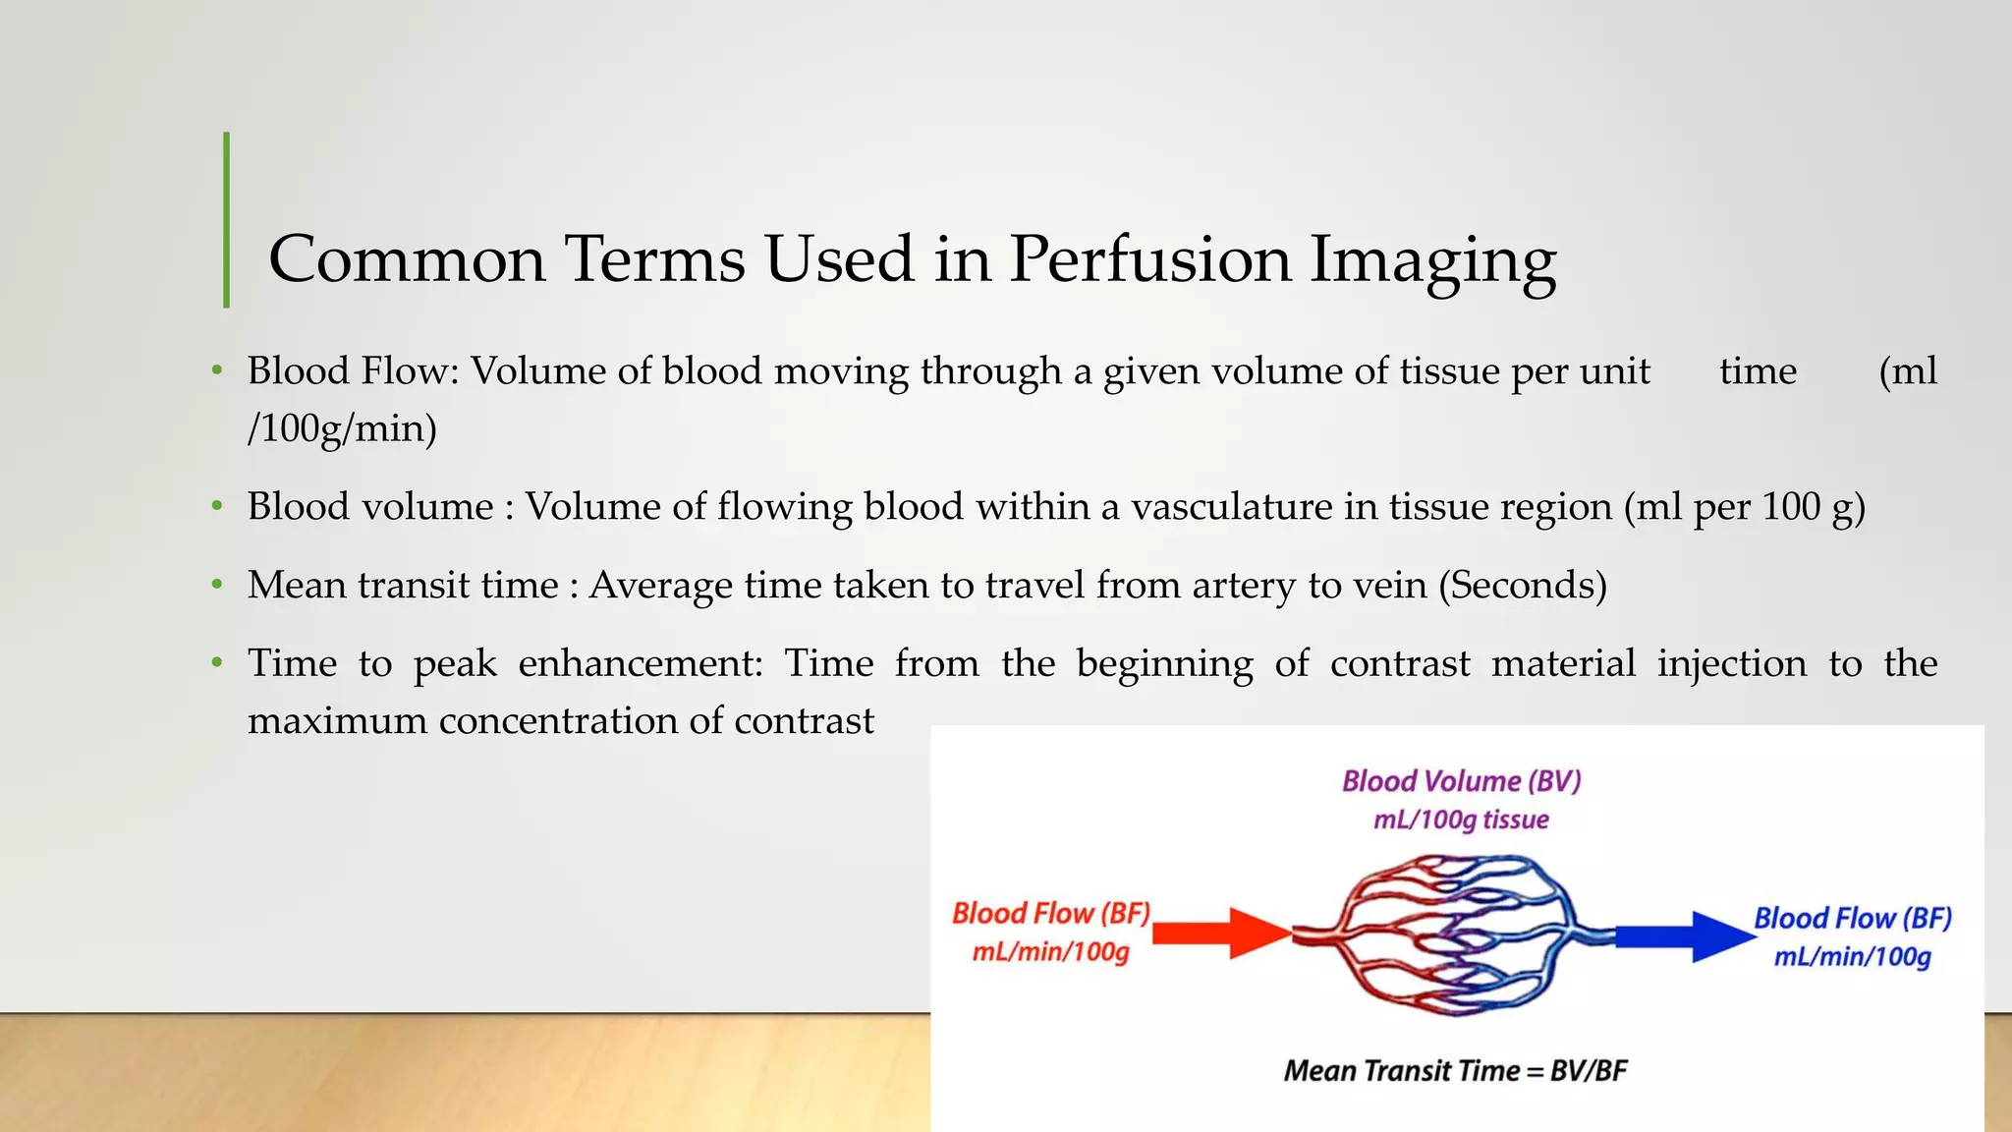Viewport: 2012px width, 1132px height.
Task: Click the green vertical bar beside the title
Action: click(x=227, y=220)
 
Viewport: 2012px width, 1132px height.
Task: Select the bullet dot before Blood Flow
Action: click(x=217, y=371)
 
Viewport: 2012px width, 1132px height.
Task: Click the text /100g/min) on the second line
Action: click(x=342, y=428)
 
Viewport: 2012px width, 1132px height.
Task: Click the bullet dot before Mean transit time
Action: click(x=217, y=586)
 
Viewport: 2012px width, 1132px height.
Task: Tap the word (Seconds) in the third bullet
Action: click(x=1523, y=586)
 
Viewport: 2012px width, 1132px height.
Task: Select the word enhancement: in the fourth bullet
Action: click(x=641, y=663)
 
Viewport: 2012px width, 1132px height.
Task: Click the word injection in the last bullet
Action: click(x=1732, y=663)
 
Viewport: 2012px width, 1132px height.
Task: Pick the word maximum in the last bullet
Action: click(x=337, y=721)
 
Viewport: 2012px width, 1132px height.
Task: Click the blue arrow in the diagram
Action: click(x=1684, y=934)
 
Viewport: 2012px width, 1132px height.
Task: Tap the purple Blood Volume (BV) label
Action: click(x=1462, y=781)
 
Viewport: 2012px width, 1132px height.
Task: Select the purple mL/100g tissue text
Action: click(x=1461, y=820)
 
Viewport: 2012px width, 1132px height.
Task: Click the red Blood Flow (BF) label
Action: click(x=1051, y=914)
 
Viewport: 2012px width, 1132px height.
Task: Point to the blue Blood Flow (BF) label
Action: click(x=1853, y=919)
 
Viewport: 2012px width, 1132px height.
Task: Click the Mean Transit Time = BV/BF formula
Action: click(x=1455, y=1070)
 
